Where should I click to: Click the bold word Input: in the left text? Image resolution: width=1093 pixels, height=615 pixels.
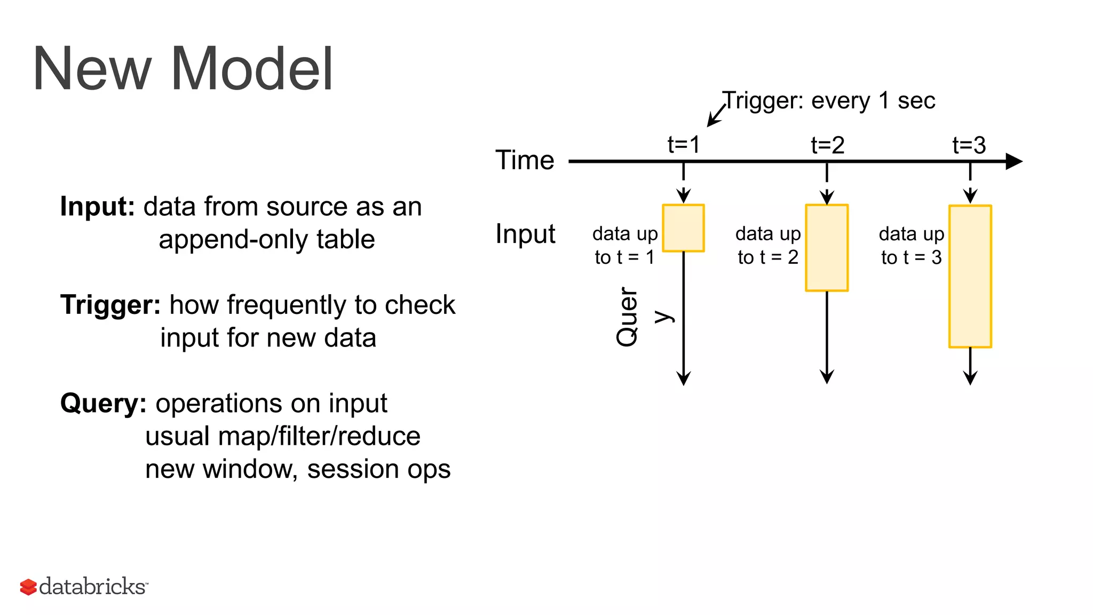tap(98, 207)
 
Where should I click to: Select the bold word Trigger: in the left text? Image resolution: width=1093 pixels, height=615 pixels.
tap(110, 305)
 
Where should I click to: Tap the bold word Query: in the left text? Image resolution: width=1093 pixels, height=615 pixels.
tap(103, 403)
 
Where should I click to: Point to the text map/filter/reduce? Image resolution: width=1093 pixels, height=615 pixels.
tap(319, 436)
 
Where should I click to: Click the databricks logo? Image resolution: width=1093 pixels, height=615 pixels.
tap(84, 586)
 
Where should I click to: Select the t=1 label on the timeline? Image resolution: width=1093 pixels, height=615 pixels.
tap(684, 145)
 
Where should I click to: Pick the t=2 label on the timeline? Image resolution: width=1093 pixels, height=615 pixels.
tap(827, 145)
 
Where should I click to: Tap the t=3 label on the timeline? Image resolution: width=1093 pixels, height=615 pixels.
tap(969, 145)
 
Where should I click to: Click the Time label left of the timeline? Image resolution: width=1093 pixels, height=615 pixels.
tap(525, 160)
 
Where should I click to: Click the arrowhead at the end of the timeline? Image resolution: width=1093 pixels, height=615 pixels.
tap(1013, 161)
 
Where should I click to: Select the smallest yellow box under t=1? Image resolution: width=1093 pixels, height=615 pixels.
tap(683, 228)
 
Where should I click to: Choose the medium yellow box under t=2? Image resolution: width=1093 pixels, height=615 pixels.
tap(827, 248)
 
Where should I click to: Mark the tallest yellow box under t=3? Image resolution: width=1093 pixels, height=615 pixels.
tap(970, 277)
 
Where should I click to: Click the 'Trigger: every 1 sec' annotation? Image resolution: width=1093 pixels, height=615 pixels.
tap(828, 100)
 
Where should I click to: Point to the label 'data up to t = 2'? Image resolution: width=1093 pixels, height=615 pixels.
tap(768, 246)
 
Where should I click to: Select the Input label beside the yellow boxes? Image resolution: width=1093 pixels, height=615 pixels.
tap(525, 234)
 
